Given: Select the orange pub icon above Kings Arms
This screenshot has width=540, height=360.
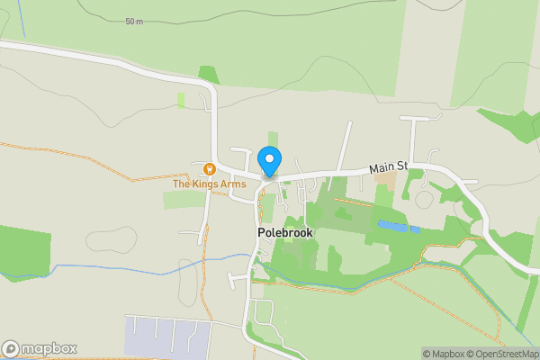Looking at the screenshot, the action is coord(209,168).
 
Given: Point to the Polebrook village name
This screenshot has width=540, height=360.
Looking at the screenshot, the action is coord(283,231).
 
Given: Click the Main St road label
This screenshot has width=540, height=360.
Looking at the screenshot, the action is coord(389,167).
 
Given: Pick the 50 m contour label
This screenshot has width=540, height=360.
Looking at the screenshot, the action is coord(134,22).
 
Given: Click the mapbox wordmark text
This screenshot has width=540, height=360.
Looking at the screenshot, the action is coord(49,348).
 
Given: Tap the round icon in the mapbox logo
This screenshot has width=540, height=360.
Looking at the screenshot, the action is coord(11,348).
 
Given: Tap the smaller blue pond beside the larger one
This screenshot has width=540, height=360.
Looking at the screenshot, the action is coord(416,229).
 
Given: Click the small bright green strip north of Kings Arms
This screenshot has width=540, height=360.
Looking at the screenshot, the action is coord(181,101).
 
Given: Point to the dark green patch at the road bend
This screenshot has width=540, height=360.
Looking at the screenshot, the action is coord(209,76).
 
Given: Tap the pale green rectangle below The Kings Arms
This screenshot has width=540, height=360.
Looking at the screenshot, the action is coord(184,200).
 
